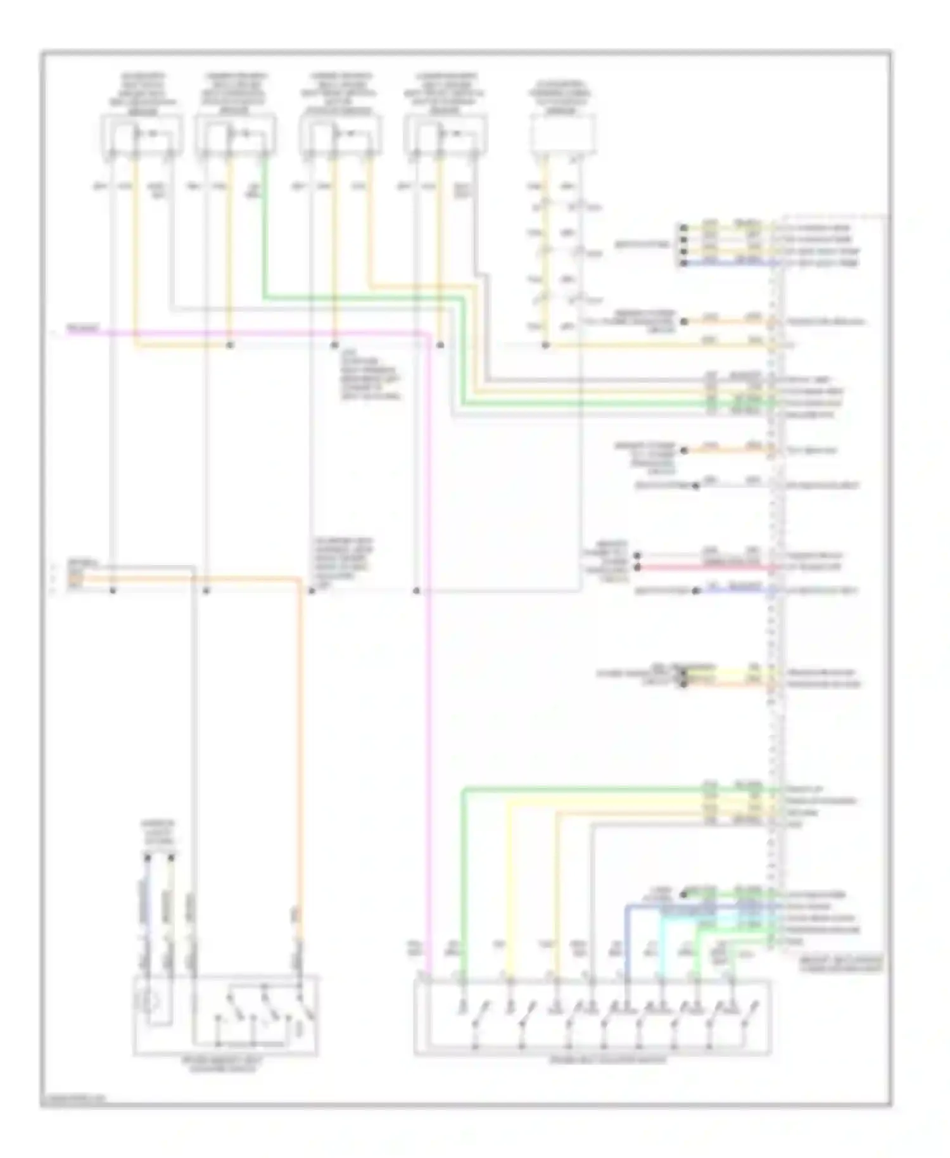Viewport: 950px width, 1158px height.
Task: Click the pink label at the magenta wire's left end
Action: click(83, 328)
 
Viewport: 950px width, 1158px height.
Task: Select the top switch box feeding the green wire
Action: click(235, 135)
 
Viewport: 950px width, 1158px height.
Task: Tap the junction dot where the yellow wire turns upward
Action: click(230, 345)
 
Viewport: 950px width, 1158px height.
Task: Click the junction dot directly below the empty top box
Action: click(545, 345)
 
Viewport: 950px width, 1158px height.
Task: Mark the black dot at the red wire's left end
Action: click(638, 568)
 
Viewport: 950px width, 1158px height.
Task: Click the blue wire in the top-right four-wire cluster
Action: click(728, 263)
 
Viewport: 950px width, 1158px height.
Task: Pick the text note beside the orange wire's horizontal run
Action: click(343, 564)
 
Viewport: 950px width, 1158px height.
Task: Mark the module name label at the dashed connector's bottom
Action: click(839, 965)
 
